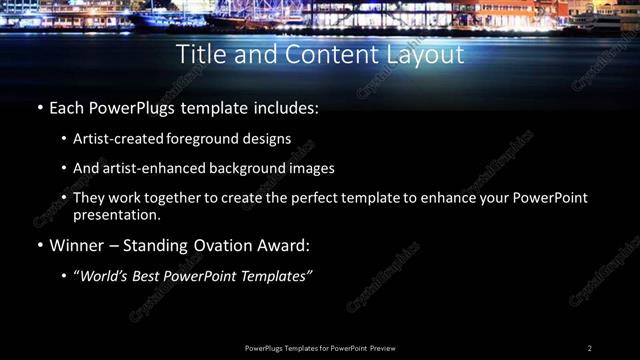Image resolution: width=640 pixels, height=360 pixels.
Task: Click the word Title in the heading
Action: tap(199, 54)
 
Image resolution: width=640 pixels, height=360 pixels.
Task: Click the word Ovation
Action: tap(219, 245)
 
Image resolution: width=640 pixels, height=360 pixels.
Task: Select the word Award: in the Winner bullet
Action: tap(284, 245)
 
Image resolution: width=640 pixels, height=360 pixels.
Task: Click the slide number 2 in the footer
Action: tap(589, 348)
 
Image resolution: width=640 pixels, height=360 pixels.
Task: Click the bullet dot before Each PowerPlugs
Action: tap(39, 106)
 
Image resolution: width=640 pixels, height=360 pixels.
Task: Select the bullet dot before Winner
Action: tap(39, 245)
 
